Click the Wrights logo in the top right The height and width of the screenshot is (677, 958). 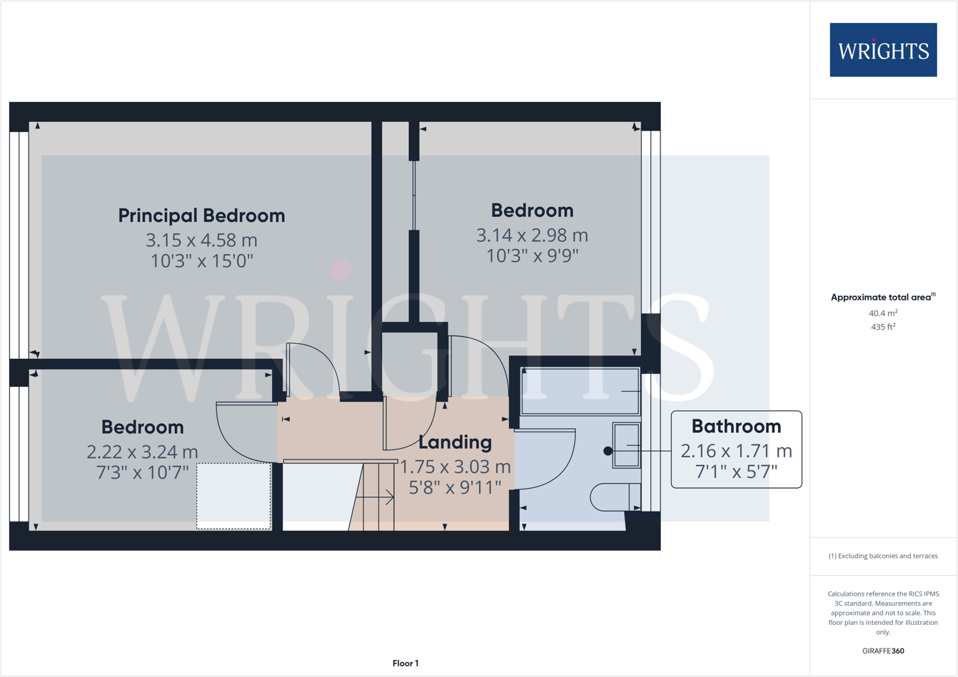click(883, 50)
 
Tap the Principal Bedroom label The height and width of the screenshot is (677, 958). click(201, 215)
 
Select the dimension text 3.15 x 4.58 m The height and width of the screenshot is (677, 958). click(201, 240)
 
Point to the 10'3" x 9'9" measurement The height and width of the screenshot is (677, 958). click(532, 255)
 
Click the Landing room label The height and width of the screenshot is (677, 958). click(455, 442)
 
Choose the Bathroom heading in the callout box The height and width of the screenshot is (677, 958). click(736, 427)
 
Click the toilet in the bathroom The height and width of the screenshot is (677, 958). click(614, 497)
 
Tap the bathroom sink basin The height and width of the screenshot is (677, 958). click(627, 446)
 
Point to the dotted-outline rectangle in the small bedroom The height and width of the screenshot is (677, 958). click(233, 496)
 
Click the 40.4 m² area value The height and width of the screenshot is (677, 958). click(883, 313)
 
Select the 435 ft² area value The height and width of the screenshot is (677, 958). click(883, 327)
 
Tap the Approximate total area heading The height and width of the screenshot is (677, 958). click(882, 297)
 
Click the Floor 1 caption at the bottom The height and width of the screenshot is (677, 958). click(405, 663)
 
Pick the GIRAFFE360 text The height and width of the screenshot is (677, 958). click(883, 651)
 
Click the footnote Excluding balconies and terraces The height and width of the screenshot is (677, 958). click(883, 556)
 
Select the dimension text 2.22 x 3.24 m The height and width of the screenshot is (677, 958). click(142, 452)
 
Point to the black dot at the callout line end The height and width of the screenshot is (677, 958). click(608, 451)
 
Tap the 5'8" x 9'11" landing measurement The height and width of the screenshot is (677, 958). click(455, 487)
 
